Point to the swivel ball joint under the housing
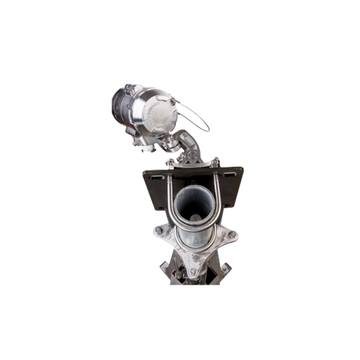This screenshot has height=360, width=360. tap(171, 143)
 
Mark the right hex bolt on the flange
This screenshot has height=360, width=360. tap(229, 233)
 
